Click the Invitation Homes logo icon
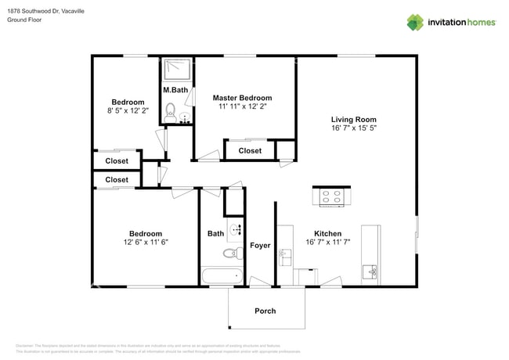click(414, 22)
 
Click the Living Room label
click(354, 119)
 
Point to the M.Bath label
click(175, 90)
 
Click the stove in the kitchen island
click(330, 197)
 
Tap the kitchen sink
click(370, 272)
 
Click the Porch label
click(265, 311)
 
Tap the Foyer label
click(260, 246)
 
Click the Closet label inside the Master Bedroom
click(250, 150)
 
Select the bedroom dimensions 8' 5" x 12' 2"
click(127, 112)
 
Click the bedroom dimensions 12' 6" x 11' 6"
click(146, 243)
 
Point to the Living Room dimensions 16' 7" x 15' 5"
click(354, 128)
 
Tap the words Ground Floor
click(25, 20)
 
